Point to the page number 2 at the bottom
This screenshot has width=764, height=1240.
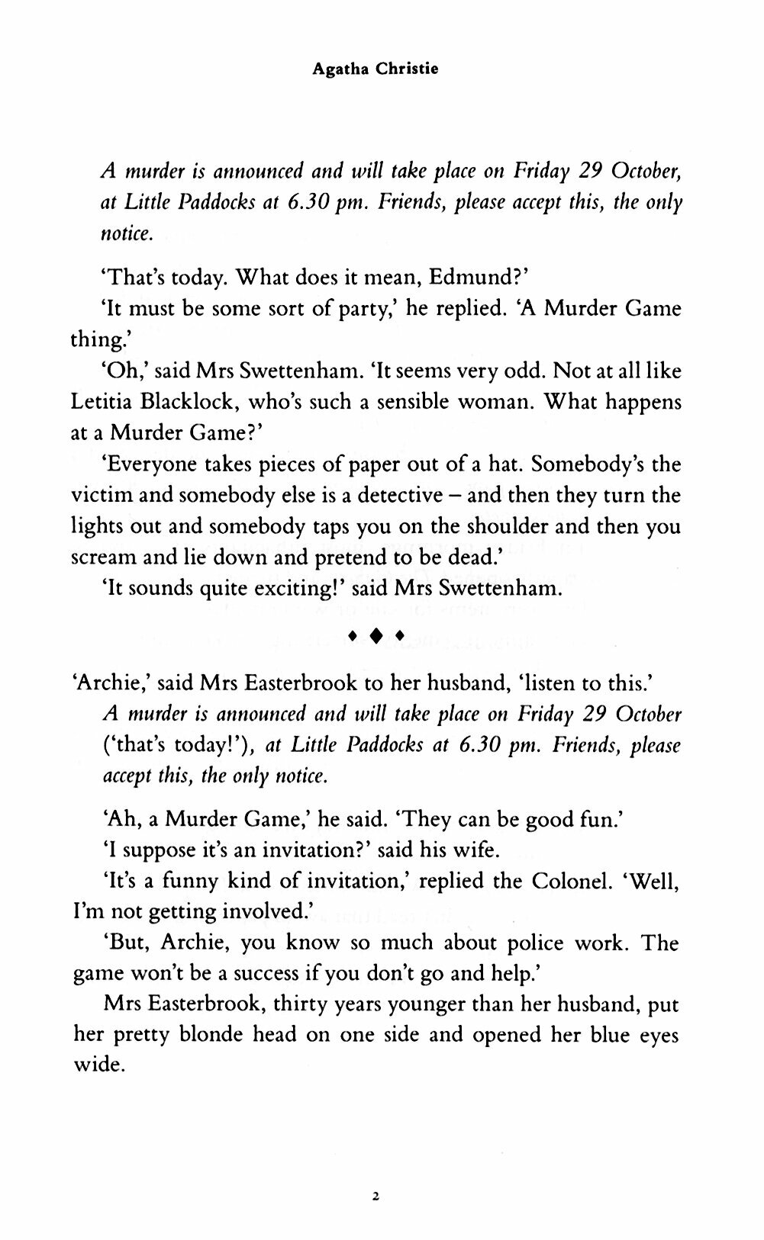tap(375, 1175)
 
